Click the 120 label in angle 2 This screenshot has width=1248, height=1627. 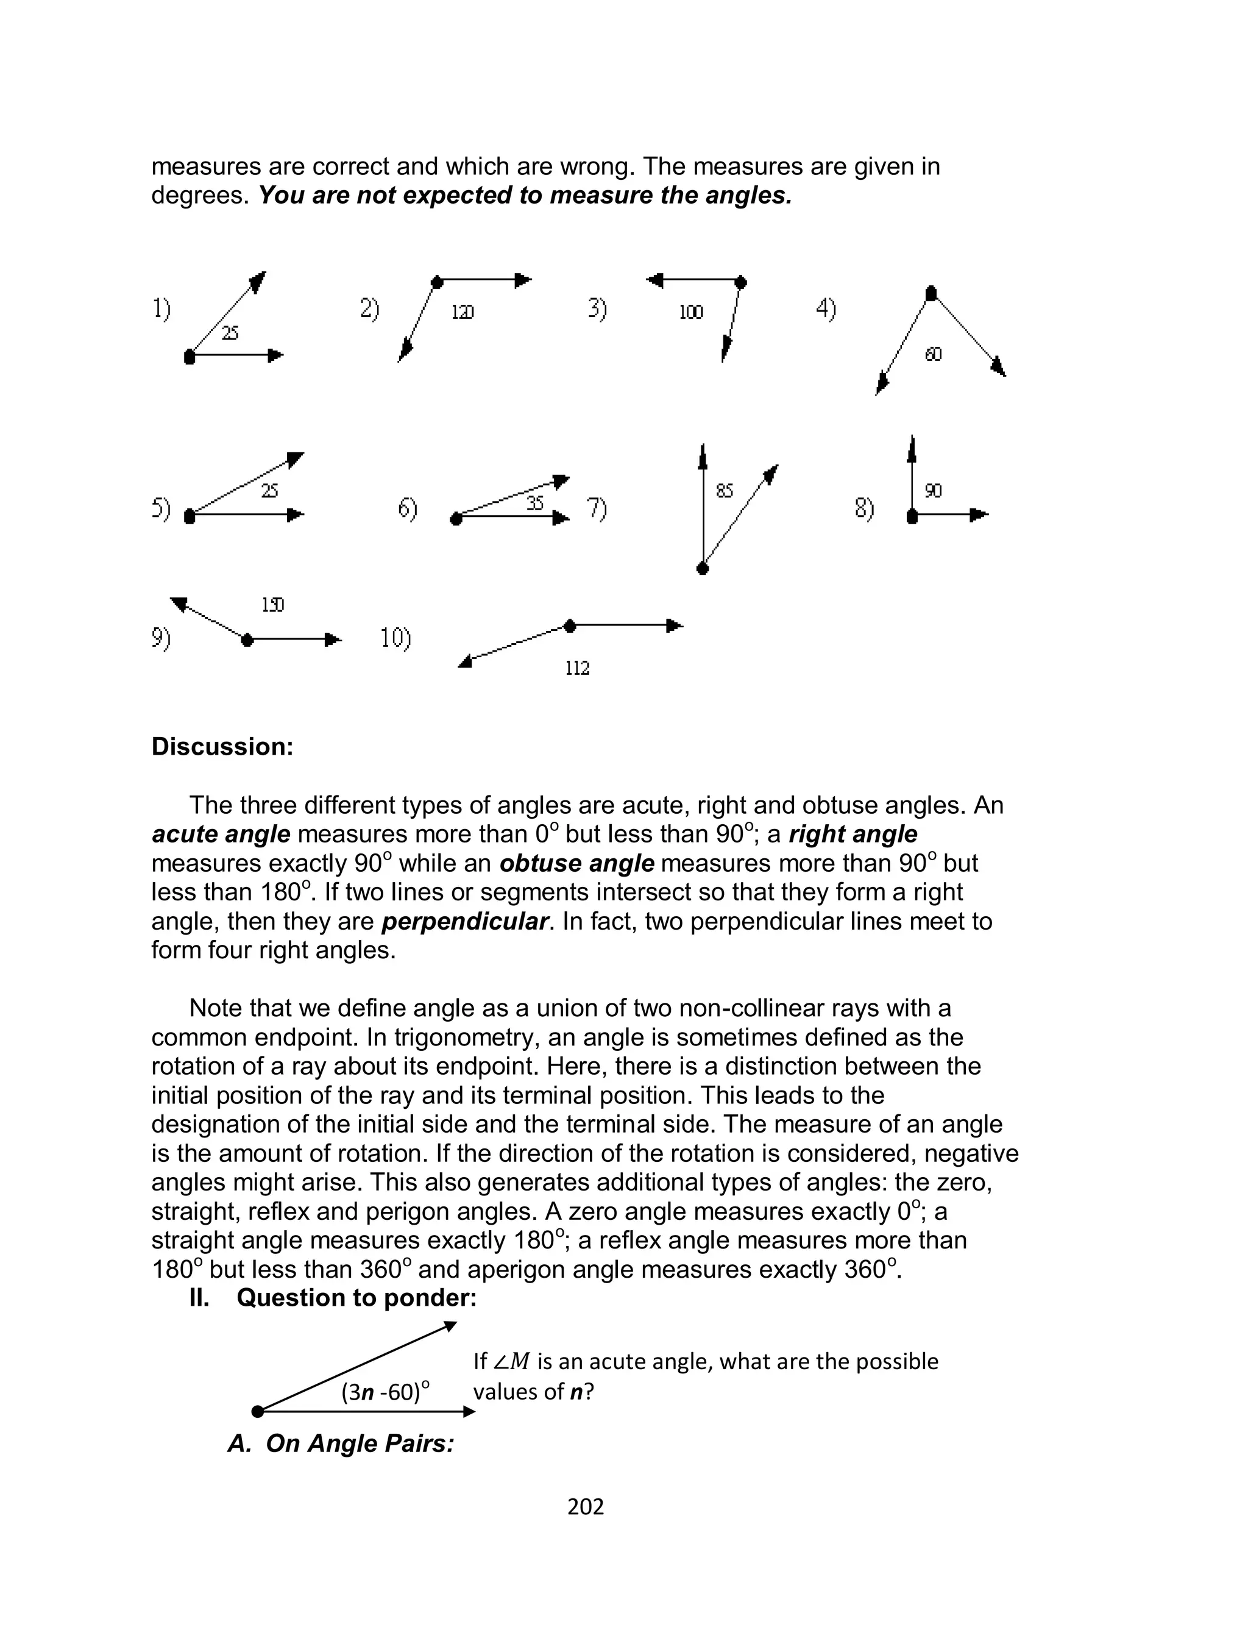462,312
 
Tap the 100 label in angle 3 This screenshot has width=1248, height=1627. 691,312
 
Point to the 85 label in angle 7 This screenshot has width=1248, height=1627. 725,490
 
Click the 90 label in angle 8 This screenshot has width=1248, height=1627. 933,490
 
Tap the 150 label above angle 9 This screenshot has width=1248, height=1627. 272,605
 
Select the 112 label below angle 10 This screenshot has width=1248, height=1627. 577,668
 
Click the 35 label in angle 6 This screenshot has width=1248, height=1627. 535,504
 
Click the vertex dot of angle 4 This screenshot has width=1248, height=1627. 931,293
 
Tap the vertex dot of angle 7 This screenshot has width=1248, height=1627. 703,568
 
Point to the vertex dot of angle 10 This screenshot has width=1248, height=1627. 570,626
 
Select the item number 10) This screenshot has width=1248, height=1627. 396,638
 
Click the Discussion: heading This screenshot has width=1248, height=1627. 222,747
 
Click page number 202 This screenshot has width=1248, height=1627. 586,1506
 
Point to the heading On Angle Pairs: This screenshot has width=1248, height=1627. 341,1443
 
